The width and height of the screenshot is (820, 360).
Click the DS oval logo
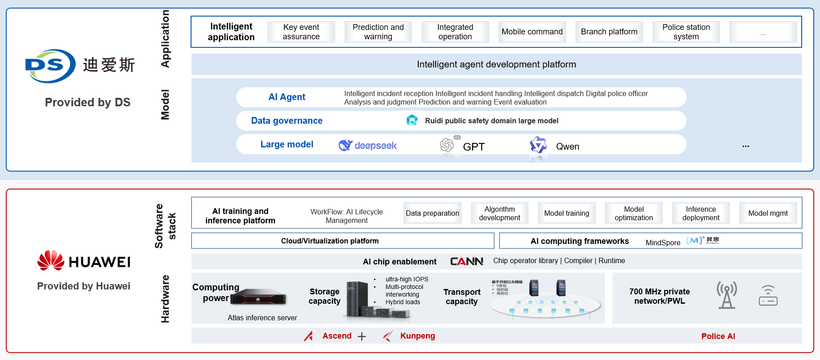tap(50, 66)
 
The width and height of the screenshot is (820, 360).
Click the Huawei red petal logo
tap(51, 260)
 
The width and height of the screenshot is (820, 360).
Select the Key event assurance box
tap(301, 32)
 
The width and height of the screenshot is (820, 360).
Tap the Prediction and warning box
tap(378, 32)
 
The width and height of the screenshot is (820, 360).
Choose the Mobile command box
tap(532, 32)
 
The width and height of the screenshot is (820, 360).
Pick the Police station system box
tap(686, 32)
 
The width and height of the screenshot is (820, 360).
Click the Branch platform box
tap(609, 32)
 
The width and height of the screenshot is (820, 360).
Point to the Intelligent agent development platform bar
tap(496, 64)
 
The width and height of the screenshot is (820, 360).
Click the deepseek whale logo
tap(345, 145)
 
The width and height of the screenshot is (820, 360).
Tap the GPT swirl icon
tap(447, 145)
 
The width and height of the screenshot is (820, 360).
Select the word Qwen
tap(567, 147)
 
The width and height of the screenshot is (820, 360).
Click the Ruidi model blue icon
tap(412, 120)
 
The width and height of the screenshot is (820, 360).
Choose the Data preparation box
tap(432, 213)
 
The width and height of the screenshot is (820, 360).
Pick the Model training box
tap(566, 213)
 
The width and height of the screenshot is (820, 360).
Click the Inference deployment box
tap(700, 213)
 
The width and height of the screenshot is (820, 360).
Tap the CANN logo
tap(466, 261)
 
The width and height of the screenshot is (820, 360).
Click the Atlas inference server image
tap(258, 297)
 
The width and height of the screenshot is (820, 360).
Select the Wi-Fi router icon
tap(768, 296)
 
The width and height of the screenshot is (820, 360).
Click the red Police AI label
tap(718, 336)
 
